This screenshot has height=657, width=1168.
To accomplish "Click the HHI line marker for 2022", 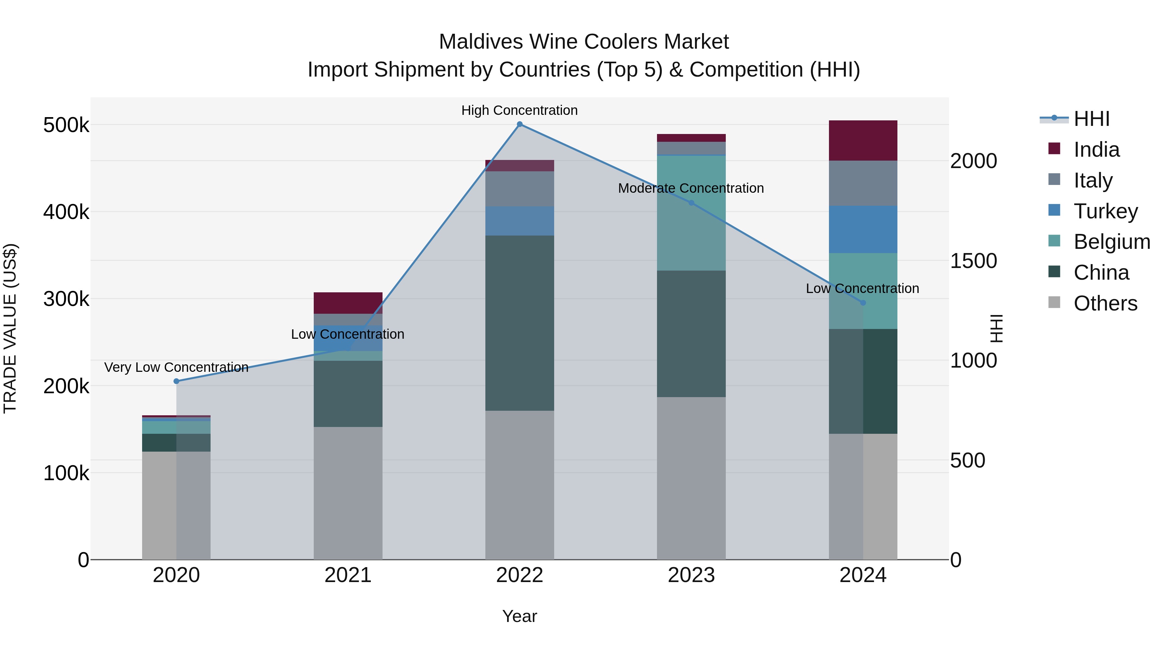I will click(520, 124).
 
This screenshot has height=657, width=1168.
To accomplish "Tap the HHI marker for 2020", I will click(176, 381).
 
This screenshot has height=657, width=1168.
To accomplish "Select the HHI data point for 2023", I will click(691, 203).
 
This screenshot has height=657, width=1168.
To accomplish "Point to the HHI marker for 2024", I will click(863, 302).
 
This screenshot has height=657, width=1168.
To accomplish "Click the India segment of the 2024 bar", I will click(863, 140).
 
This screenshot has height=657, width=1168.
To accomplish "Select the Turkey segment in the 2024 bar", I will click(863, 229).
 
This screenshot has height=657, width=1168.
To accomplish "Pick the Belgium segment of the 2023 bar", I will click(691, 213).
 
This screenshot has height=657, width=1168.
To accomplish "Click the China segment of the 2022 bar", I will click(520, 323).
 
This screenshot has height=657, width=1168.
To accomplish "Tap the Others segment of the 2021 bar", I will click(348, 493).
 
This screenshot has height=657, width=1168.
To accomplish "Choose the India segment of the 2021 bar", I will click(348, 303).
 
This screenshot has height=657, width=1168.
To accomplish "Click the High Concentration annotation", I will click(520, 110).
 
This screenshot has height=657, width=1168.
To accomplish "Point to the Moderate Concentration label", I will click(691, 188).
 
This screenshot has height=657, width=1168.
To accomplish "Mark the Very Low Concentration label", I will click(176, 367).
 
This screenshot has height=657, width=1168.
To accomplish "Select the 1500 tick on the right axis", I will click(973, 261).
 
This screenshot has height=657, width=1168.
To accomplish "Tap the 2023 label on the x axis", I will click(691, 575).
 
